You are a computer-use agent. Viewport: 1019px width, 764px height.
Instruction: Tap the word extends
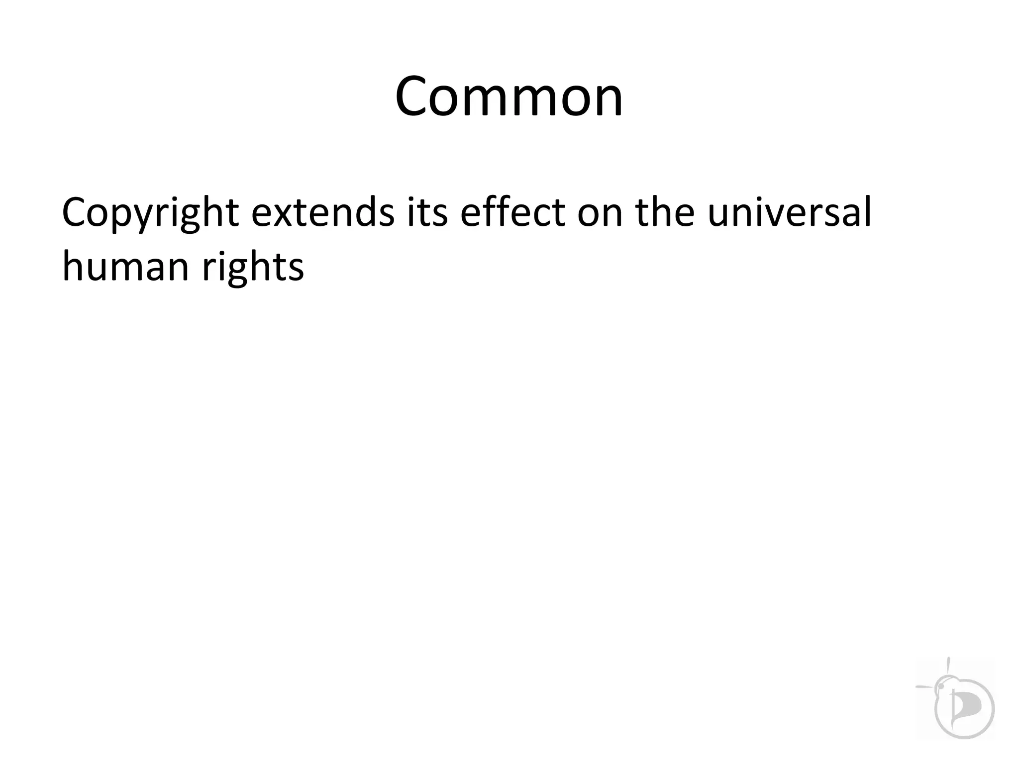coord(322,213)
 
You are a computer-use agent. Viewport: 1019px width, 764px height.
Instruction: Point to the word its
coord(427,213)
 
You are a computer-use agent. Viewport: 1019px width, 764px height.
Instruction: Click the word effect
coord(512,213)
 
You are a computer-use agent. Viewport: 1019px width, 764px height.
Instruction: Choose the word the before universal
coord(664,213)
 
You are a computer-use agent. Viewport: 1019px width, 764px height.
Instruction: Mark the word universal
coord(789,213)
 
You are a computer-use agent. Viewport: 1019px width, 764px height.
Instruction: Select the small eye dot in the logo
coord(941,687)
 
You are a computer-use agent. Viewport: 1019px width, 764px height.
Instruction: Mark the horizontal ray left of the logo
coord(924,687)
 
